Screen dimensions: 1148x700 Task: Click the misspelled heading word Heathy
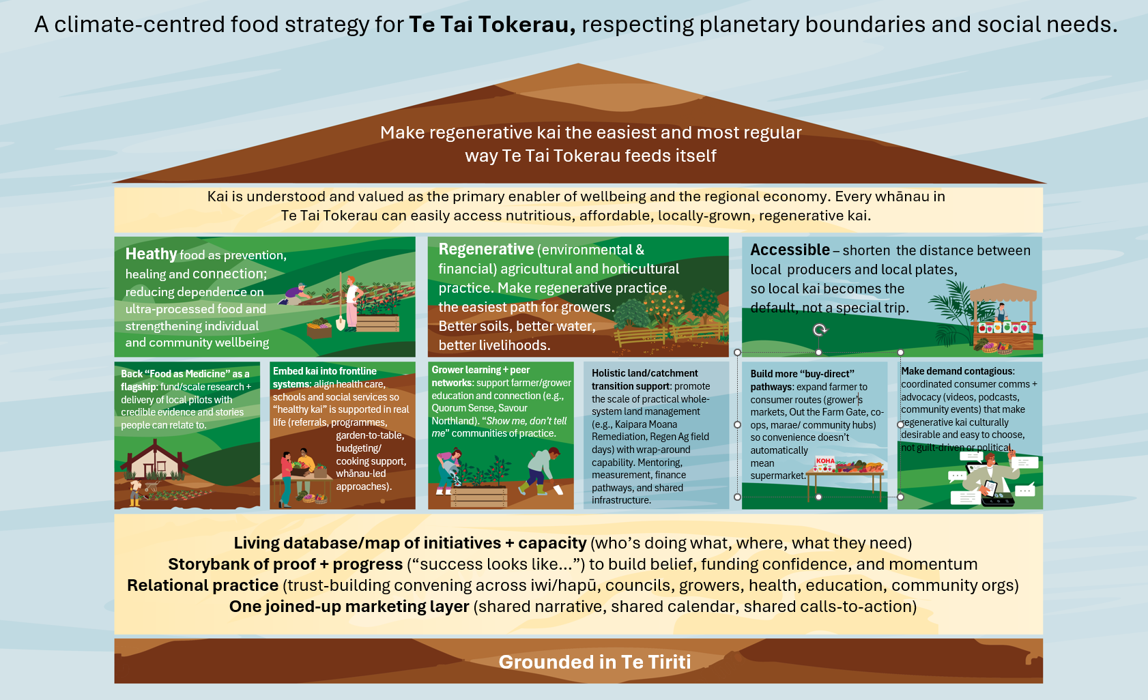point(151,254)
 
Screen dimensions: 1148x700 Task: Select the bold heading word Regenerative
point(486,249)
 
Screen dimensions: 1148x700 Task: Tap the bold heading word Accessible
point(790,250)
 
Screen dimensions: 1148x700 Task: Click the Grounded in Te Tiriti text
point(594,662)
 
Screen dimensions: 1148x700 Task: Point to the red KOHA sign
point(825,461)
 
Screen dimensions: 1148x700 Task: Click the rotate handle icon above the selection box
point(820,330)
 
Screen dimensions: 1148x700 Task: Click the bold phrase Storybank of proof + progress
point(285,564)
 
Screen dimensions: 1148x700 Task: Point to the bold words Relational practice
point(203,585)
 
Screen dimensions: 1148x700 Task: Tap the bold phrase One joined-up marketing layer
point(349,607)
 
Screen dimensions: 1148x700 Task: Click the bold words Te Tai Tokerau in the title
point(492,24)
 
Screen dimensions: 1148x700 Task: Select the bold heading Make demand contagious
point(958,371)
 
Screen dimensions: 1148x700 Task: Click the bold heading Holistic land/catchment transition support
point(645,379)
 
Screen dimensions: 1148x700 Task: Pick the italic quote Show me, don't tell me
point(499,427)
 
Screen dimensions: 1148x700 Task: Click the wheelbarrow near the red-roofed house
point(152,488)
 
